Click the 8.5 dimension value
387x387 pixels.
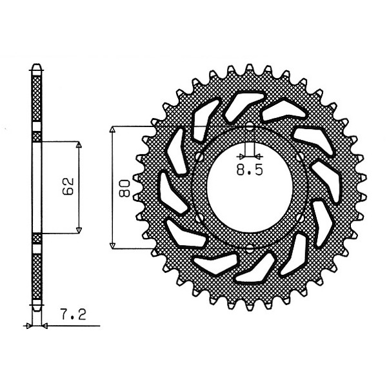(250, 170)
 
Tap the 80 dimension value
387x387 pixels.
(124, 188)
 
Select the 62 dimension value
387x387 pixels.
(68, 186)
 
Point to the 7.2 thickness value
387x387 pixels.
(74, 315)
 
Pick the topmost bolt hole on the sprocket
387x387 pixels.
(250, 126)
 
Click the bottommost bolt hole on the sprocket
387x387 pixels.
(250, 249)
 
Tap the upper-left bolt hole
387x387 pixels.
(199, 157)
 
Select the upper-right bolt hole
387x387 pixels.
(301, 157)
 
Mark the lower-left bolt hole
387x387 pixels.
(199, 218)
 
